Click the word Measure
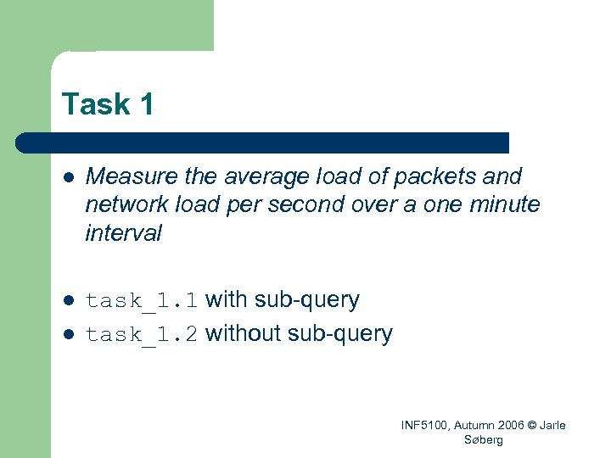pyautogui.click(x=120, y=176)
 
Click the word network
pyautogui.click(x=124, y=204)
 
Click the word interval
pyautogui.click(x=123, y=232)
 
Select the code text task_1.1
pyautogui.click(x=142, y=300)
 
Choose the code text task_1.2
pyautogui.click(x=142, y=334)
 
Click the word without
pyautogui.click(x=244, y=333)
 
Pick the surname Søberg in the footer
pyautogui.click(x=484, y=439)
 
